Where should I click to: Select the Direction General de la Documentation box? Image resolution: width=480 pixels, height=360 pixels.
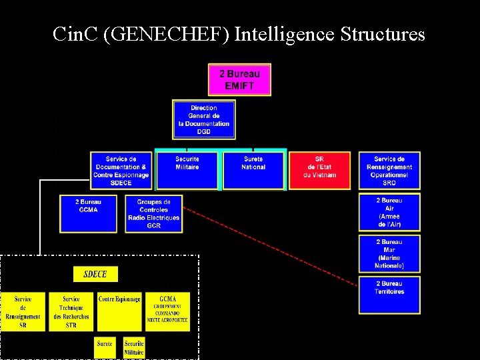pyautogui.click(x=203, y=119)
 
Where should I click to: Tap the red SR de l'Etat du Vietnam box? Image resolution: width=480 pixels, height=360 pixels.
pyautogui.click(x=319, y=171)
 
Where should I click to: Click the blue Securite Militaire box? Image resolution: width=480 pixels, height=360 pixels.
pyautogui.click(x=187, y=171)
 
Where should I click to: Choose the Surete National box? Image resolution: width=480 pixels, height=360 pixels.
pyautogui.click(x=253, y=171)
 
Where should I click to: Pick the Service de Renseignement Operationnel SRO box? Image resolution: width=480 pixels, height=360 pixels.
pyautogui.click(x=389, y=171)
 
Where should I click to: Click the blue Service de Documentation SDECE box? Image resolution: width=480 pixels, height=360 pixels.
pyautogui.click(x=121, y=171)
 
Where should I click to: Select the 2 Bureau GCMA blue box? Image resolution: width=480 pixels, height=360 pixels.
pyautogui.click(x=87, y=213)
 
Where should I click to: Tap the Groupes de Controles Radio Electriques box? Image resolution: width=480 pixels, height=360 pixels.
pyautogui.click(x=153, y=213)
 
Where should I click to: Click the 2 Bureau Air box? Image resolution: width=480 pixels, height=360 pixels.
pyautogui.click(x=389, y=212)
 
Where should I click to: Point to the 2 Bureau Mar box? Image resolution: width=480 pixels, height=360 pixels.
pyautogui.click(x=389, y=253)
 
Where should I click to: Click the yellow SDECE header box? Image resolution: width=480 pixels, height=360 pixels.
pyautogui.click(x=95, y=274)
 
